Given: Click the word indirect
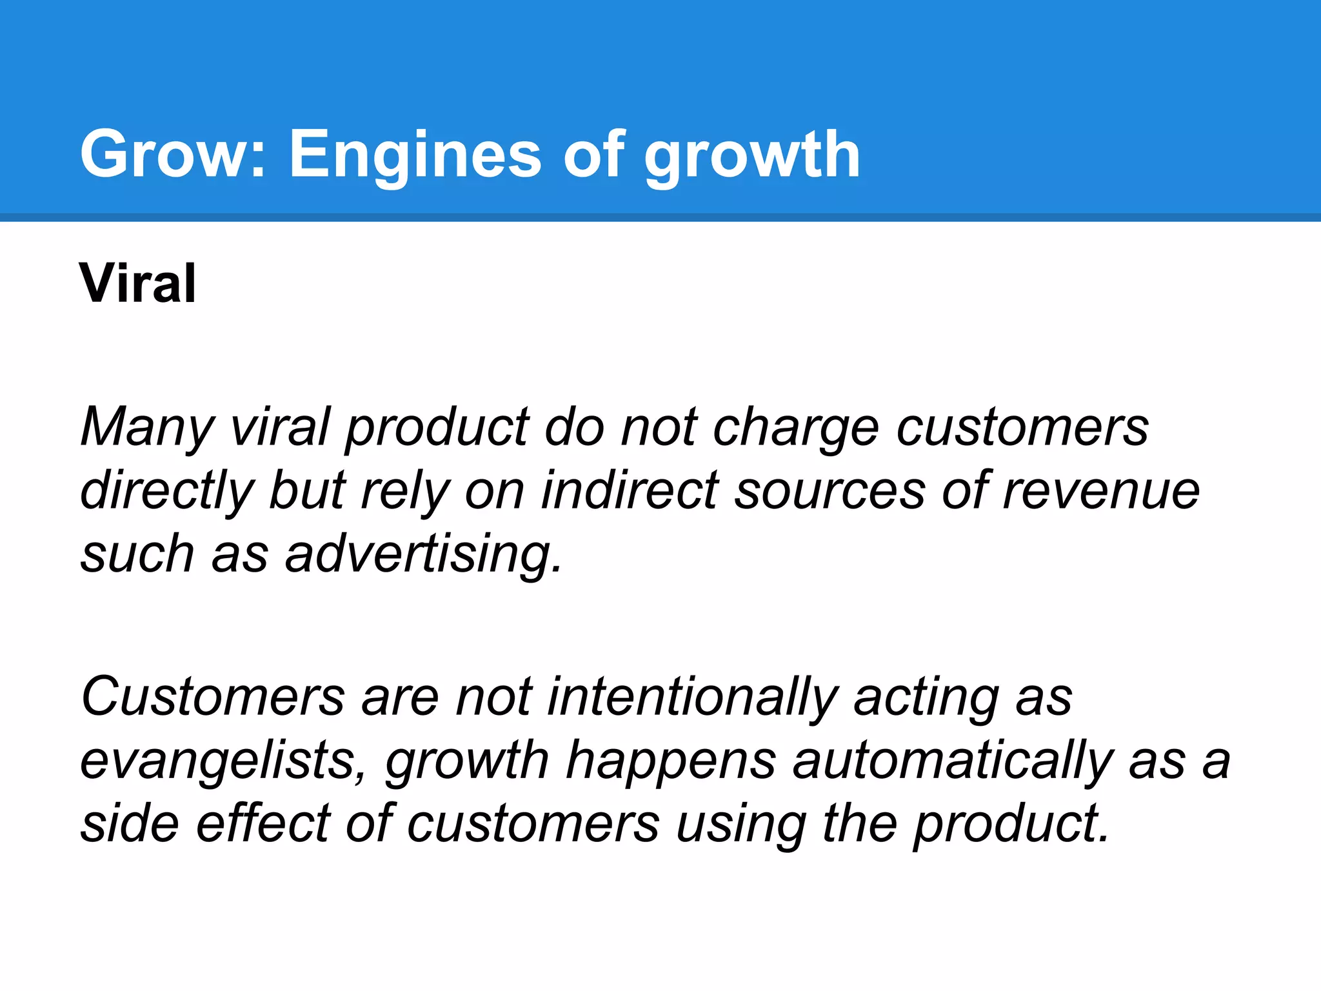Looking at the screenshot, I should (x=630, y=490).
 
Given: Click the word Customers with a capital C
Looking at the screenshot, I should (x=213, y=697).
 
